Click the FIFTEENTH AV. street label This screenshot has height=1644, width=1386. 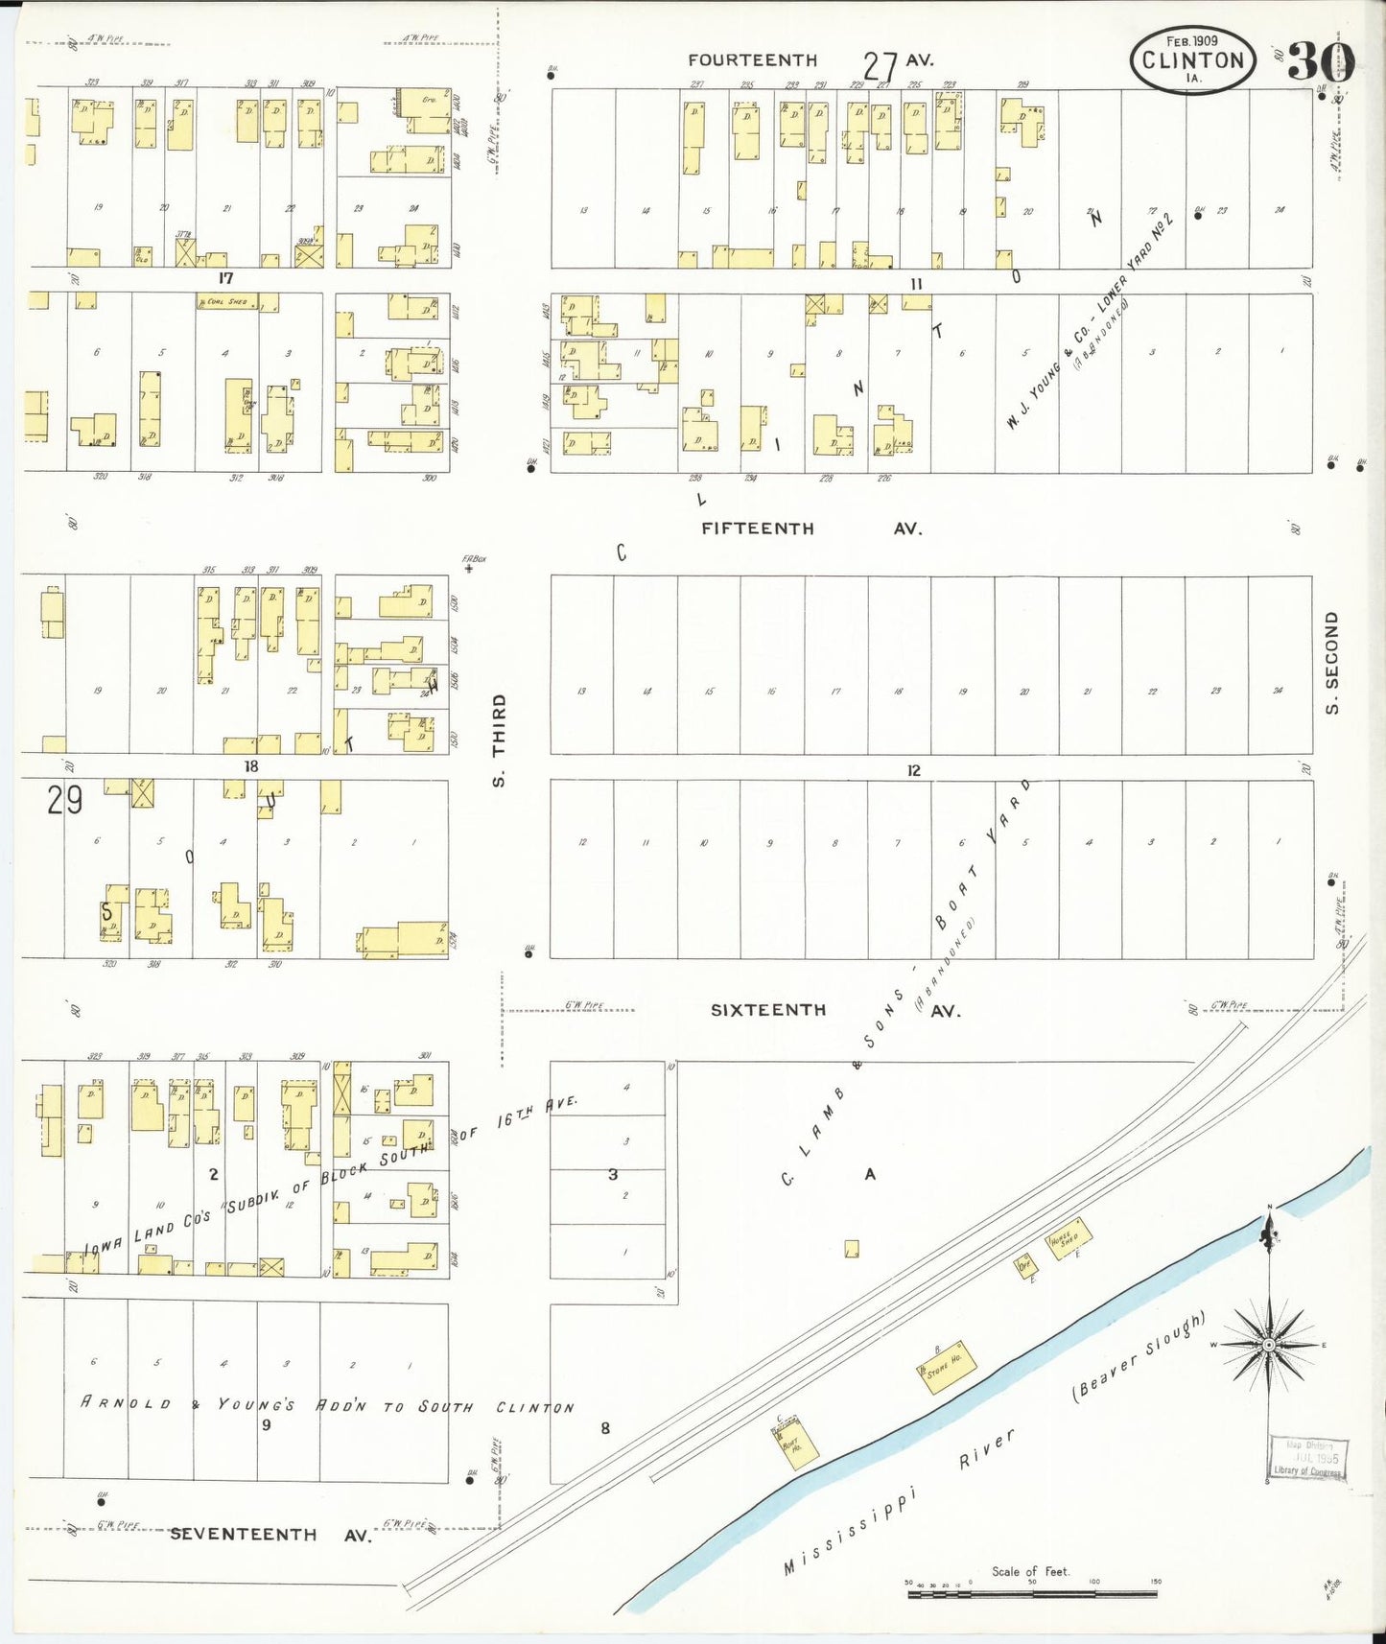(x=810, y=528)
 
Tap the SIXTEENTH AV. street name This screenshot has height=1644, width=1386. (x=834, y=1010)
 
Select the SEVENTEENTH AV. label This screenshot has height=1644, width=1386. (x=270, y=1534)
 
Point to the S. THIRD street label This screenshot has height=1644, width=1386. (x=499, y=740)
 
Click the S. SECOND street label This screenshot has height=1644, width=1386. (x=1331, y=662)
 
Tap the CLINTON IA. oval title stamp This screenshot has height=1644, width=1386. (x=1192, y=59)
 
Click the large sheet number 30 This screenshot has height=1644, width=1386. (x=1320, y=62)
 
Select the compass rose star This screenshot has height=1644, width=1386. (x=1269, y=1345)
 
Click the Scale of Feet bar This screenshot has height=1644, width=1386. (x=1032, y=1594)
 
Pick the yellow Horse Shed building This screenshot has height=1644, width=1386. (x=1067, y=1238)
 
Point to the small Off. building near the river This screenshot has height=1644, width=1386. (x=1025, y=1266)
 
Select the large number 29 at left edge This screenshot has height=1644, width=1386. (x=64, y=799)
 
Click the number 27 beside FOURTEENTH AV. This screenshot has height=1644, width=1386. (x=879, y=67)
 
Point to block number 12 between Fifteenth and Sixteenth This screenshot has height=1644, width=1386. (x=913, y=770)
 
